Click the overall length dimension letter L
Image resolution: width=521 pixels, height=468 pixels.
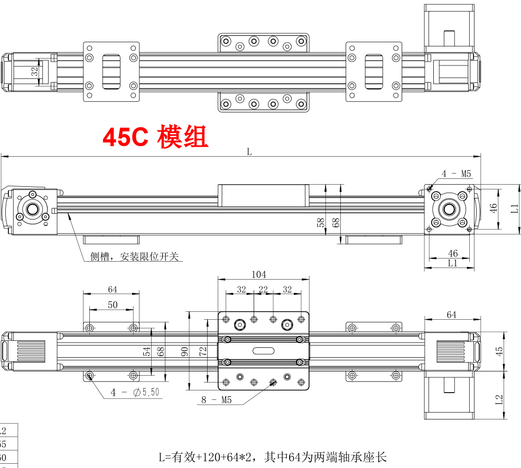point(249,152)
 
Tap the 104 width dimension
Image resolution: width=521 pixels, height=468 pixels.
point(258,274)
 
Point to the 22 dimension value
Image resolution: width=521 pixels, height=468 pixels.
point(263,289)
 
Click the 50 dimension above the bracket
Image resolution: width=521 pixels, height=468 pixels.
point(113,304)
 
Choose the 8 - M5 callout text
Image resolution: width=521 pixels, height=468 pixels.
point(216,399)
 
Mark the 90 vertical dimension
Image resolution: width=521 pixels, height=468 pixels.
point(185,351)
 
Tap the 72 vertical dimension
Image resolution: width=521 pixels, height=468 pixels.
point(202,351)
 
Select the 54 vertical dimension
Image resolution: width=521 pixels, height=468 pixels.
point(147,351)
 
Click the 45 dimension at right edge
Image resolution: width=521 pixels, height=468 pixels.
point(499,351)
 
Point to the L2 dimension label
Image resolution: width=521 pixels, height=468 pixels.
point(499,399)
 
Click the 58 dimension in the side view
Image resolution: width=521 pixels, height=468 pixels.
point(321,222)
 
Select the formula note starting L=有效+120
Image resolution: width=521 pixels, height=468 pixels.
point(274,457)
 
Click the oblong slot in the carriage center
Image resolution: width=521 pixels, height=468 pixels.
point(263,351)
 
